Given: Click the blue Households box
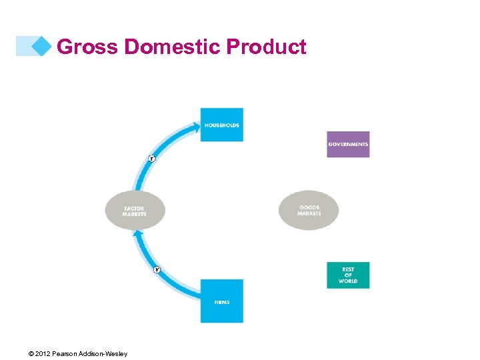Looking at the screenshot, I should (221, 125).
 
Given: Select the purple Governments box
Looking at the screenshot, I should (348, 144).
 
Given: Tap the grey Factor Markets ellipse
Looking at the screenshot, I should (135, 211).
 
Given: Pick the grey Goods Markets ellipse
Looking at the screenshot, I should (309, 211).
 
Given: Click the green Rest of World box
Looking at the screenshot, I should (348, 275).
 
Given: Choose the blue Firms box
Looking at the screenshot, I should (222, 301).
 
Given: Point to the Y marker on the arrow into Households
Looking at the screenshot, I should (151, 159).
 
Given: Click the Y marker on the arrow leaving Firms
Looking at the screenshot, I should (157, 269).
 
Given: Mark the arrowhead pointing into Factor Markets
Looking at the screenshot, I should (137, 233).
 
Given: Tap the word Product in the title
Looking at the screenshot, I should (266, 47).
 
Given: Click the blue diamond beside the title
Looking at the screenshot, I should (41, 46).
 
